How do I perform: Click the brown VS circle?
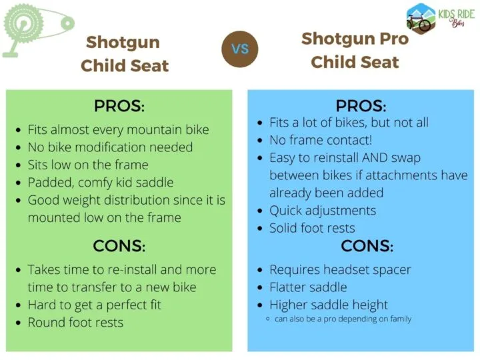[x=240, y=49]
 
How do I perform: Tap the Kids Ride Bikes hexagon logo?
[x=421, y=19]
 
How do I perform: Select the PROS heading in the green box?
[x=119, y=106]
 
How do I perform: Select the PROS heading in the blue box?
[x=361, y=106]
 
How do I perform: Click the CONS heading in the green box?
[x=119, y=246]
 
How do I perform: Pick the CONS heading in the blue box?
[x=367, y=246]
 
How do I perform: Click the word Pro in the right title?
[x=394, y=39]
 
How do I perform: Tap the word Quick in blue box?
[x=285, y=211]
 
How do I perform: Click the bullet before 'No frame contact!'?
[x=260, y=141]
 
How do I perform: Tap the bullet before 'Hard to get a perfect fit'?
[x=19, y=305]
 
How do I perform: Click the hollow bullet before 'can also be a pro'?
[x=268, y=319]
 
